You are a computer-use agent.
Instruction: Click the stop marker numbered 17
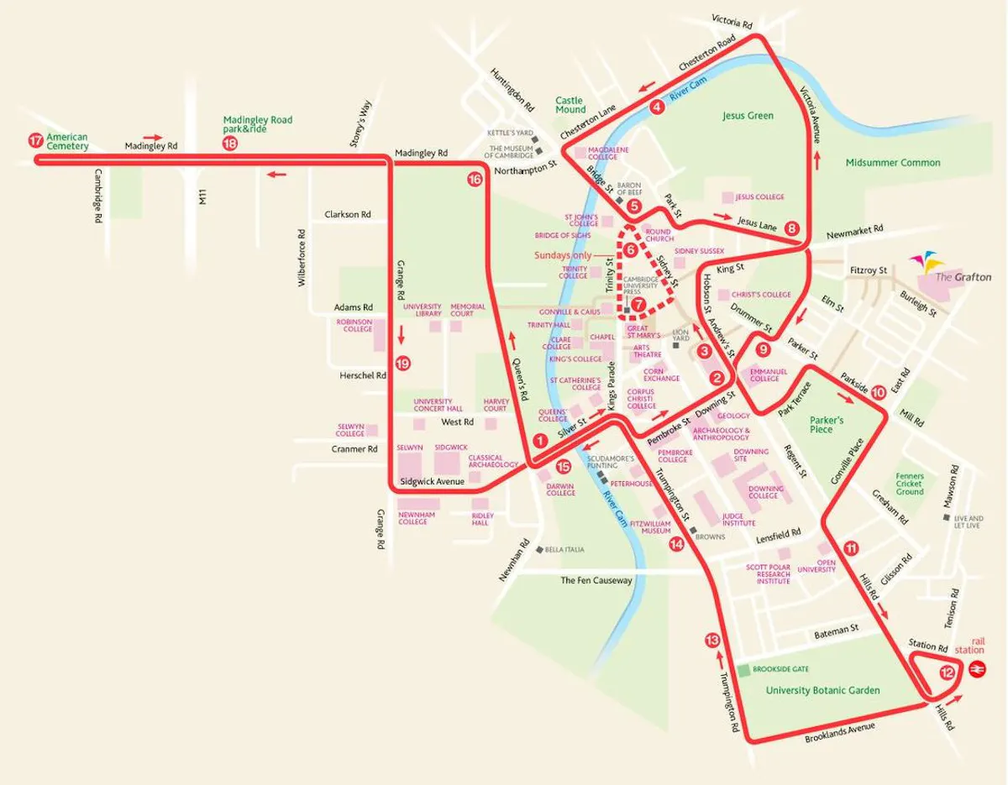[x=34, y=141]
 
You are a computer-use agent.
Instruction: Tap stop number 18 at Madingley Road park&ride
[x=230, y=144]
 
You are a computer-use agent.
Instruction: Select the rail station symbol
[x=976, y=668]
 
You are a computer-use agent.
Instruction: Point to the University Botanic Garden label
[x=822, y=690]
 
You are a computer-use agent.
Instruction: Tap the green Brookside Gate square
[x=744, y=670]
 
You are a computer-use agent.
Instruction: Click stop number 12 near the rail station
[x=948, y=672]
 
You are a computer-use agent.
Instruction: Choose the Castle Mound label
[x=570, y=104]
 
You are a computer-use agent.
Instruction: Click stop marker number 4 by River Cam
[x=657, y=107]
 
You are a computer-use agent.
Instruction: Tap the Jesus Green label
[x=748, y=116]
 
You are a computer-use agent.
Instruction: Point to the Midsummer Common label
[x=893, y=162]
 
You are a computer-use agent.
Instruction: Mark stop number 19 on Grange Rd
[x=403, y=364]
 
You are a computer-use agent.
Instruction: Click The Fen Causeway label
[x=596, y=580]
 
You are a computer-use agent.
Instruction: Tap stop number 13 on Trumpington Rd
[x=712, y=641]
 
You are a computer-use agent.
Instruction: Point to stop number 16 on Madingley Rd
[x=475, y=179]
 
